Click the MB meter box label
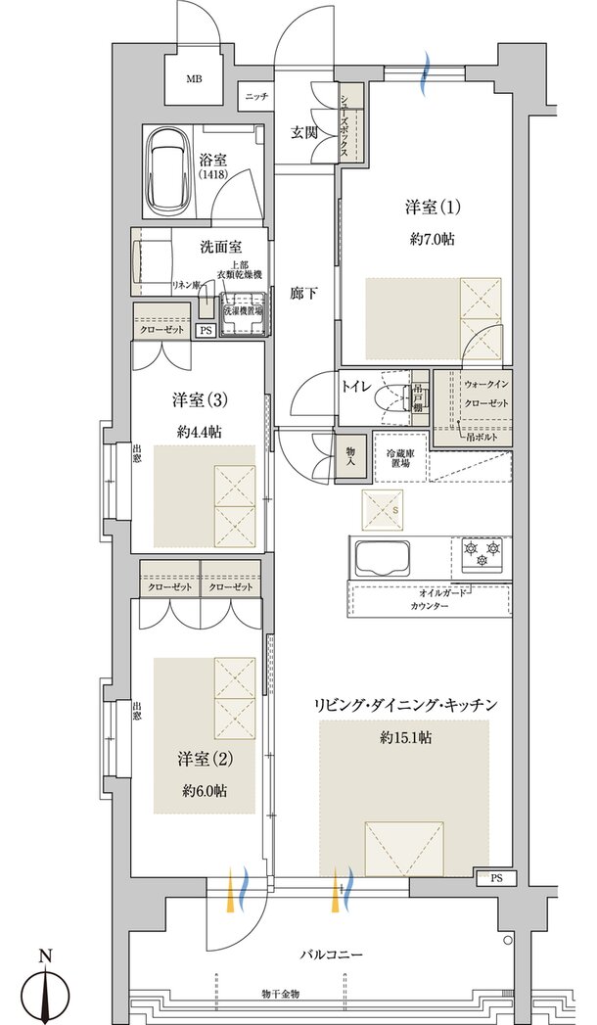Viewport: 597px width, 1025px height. pos(195,80)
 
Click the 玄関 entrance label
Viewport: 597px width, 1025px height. pos(302,133)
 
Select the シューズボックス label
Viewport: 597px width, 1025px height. pos(352,122)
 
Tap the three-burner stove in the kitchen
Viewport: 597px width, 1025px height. pos(481,555)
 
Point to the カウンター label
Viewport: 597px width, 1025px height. pos(430,608)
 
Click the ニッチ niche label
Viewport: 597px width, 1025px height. pos(256,96)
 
